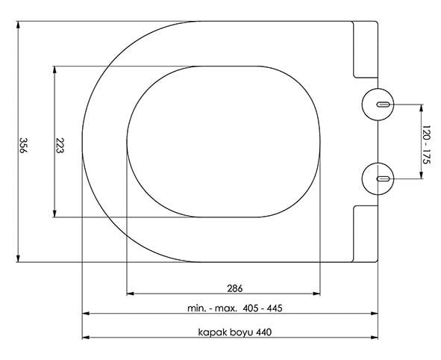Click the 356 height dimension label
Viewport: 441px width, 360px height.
[x=23, y=145]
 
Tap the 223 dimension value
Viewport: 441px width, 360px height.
[x=60, y=145]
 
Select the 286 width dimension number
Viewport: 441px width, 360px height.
[x=234, y=288]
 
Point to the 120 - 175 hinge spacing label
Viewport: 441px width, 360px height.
[x=426, y=145]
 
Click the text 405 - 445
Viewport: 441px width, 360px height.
[x=262, y=308]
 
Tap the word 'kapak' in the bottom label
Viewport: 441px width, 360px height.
[x=213, y=332]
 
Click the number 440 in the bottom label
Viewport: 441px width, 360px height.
[x=264, y=332]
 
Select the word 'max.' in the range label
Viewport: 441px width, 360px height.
[x=225, y=308]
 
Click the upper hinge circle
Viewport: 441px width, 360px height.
[x=378, y=89]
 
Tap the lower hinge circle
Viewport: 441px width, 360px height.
[x=378, y=163]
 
